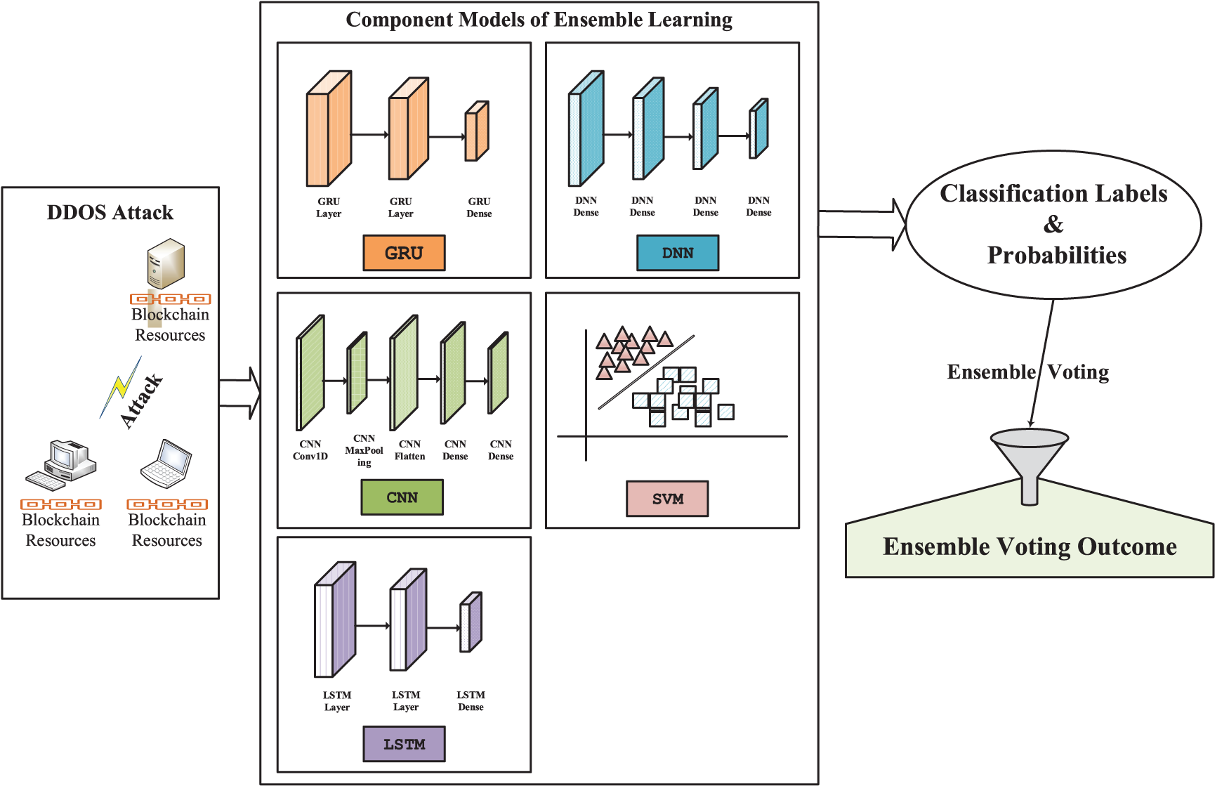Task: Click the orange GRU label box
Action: tap(404, 253)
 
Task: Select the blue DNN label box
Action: tap(678, 253)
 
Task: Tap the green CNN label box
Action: tap(402, 497)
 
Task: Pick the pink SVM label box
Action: tap(667, 499)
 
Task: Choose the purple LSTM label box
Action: tap(404, 744)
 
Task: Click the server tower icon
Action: tap(166, 264)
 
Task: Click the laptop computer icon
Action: tap(166, 464)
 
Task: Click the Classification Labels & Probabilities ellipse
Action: tap(1053, 225)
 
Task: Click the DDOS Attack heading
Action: tap(110, 212)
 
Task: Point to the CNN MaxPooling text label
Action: tap(364, 450)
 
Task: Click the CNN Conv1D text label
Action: tap(310, 450)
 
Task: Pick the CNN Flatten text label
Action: tap(409, 450)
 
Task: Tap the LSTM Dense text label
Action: tap(471, 701)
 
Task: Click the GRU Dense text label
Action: tap(479, 207)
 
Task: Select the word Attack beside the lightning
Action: tap(142, 400)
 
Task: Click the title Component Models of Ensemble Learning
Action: tap(539, 20)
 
